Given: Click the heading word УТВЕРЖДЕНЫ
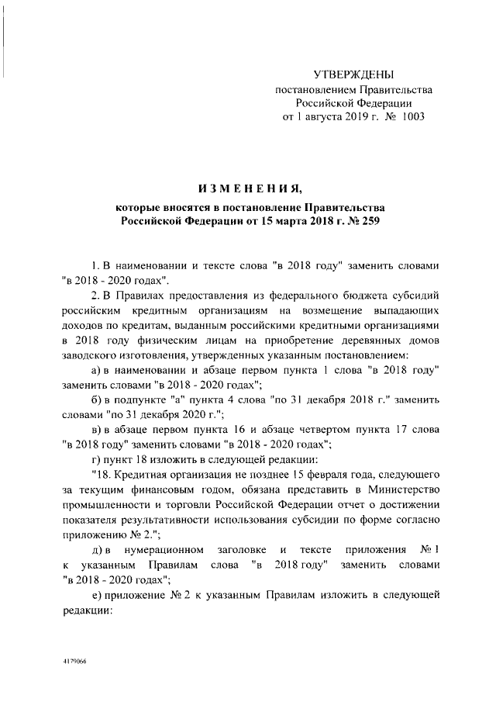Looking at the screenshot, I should tap(353, 74).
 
